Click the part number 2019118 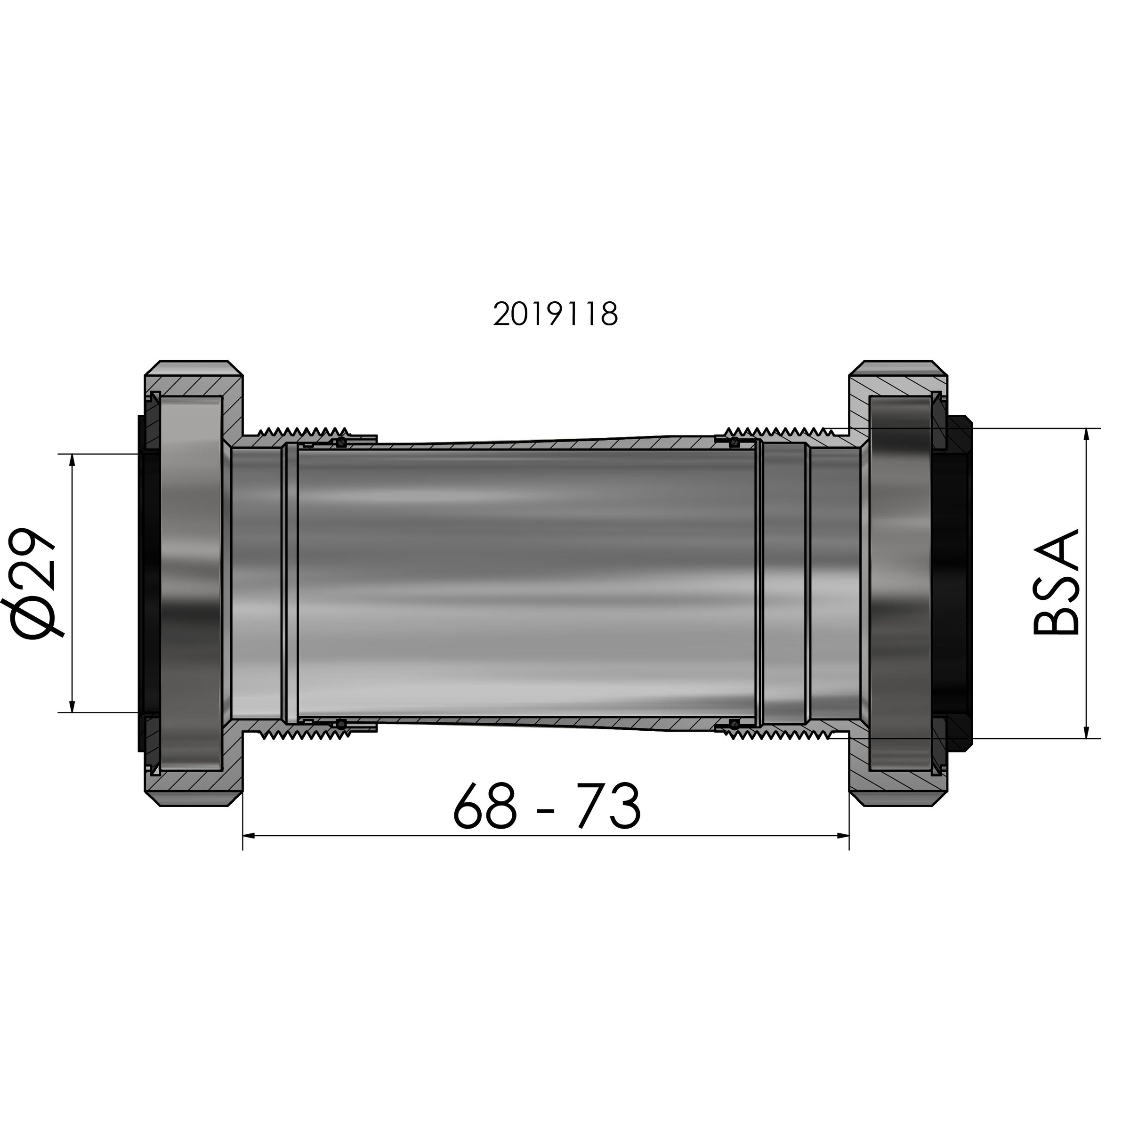[x=555, y=315]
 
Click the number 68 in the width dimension [x=485, y=807]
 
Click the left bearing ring [x=191, y=583]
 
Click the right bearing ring [x=900, y=583]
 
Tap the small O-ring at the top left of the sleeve [x=341, y=442]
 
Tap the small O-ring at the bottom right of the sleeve [x=733, y=725]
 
